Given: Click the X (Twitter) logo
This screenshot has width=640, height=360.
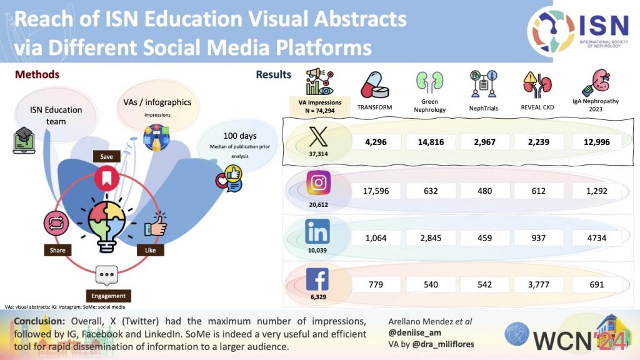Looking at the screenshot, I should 319,134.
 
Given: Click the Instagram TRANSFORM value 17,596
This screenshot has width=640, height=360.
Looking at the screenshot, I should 376,191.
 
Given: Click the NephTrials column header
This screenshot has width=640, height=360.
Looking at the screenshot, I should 482,107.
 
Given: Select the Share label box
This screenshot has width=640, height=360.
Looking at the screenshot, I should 54,251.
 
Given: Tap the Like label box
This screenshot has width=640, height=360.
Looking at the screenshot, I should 151,251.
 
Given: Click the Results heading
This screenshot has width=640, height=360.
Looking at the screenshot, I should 273,75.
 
